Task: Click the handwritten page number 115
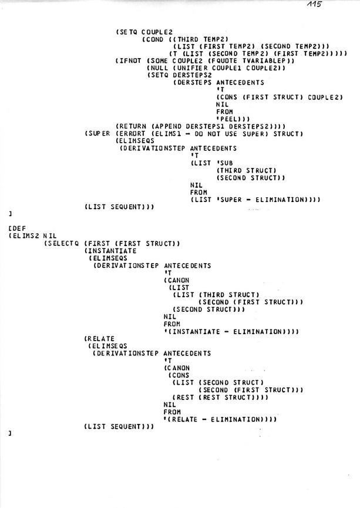pos(314,4)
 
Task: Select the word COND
pos(155,39)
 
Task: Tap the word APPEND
pos(169,126)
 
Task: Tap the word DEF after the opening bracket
pos(19,228)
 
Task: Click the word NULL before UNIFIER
pos(159,68)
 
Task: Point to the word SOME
pos(159,61)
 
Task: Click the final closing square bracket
pos(11,433)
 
